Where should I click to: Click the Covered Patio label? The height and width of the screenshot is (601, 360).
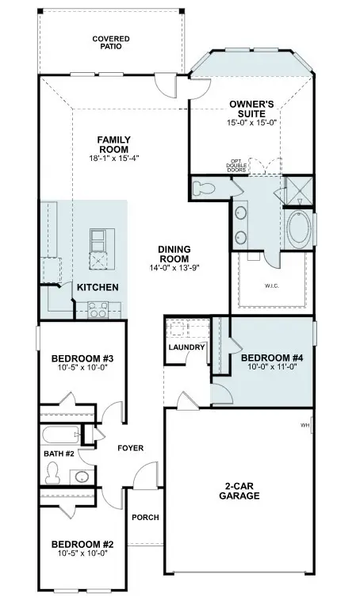110,42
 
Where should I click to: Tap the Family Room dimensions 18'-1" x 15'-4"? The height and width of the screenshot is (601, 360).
113,159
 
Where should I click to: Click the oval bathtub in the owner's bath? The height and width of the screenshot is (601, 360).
299,229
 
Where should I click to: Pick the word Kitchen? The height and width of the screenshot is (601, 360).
98,287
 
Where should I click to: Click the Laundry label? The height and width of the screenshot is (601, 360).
187,347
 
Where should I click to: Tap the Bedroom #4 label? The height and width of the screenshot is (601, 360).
271,358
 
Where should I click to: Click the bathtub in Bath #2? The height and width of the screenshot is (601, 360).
60,435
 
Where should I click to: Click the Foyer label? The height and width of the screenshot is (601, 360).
130,448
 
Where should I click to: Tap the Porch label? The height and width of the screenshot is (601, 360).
145,518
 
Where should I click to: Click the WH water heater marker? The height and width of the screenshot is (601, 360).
305,426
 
